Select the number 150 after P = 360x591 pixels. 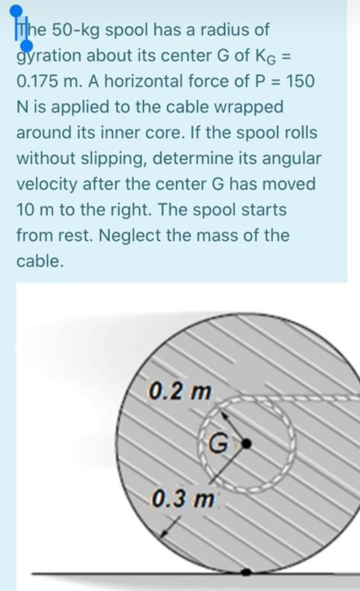click(300, 81)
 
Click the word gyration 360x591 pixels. click(48, 57)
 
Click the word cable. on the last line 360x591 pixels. click(39, 261)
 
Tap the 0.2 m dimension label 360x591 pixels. click(180, 392)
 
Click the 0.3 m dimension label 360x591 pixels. click(183, 499)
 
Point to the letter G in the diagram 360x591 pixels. click(218, 444)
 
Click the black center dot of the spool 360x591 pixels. click(246, 444)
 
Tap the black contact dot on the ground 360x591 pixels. click(246, 572)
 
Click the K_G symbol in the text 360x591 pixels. click(266, 57)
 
